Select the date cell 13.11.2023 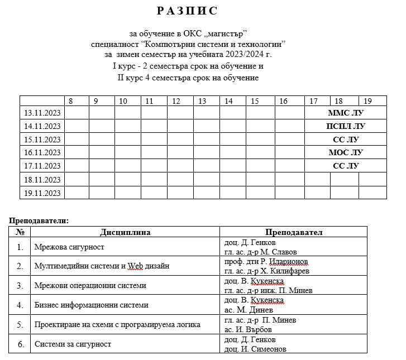point(42,113)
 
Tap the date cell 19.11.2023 point(42,193)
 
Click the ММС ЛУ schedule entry point(345,113)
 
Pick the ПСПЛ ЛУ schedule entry point(345,126)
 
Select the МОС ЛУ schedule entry point(345,152)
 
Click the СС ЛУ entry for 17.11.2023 point(345,166)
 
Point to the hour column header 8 point(70,101)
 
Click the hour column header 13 point(202,101)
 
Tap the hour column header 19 point(367,101)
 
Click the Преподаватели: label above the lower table point(39,220)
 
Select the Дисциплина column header point(125,232)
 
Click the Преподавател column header point(294,232)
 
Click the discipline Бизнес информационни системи point(91,305)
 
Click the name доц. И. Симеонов point(255,349)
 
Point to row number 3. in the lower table point(20,286)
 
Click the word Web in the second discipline point(136,266)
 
